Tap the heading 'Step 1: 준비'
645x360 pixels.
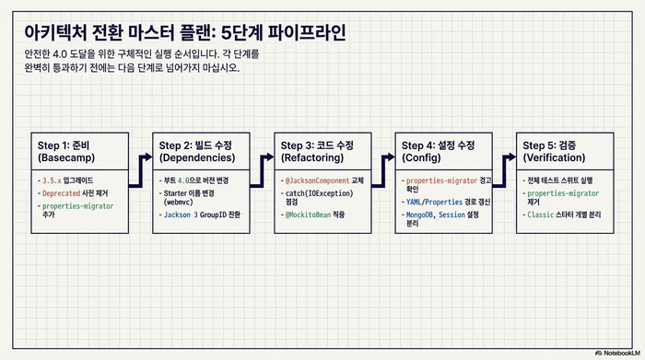click(x=65, y=145)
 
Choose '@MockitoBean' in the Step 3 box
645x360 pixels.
click(x=308, y=215)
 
